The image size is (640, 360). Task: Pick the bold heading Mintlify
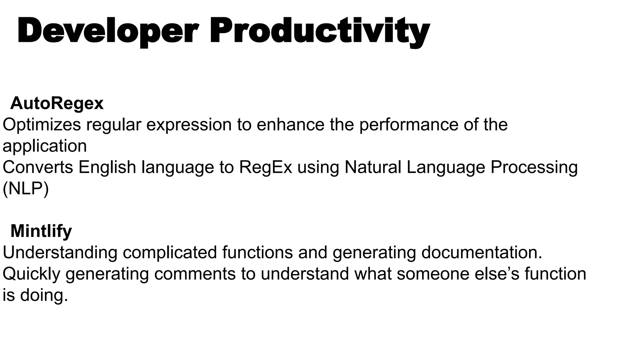(x=41, y=231)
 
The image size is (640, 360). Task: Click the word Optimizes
(x=42, y=125)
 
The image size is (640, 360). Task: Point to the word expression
(x=189, y=125)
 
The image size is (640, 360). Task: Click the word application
(x=45, y=146)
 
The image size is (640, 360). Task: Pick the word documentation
(x=482, y=252)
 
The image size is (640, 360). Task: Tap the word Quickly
(x=31, y=274)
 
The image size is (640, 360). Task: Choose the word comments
(x=195, y=274)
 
